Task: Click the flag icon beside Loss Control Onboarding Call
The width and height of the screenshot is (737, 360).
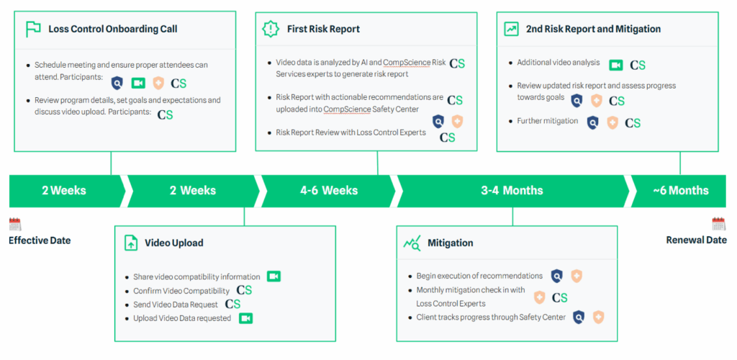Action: pos(33,29)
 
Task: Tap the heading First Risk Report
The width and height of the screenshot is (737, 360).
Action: pos(323,29)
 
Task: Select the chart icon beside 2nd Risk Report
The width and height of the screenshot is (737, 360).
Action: pos(511,29)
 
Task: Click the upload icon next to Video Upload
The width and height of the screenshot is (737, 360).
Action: pos(131,243)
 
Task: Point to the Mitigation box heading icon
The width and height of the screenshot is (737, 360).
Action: pos(412,243)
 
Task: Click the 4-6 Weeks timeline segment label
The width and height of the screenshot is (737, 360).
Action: pos(329,190)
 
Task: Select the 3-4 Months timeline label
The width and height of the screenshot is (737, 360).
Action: pos(512,190)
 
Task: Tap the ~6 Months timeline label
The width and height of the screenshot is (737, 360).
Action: pos(681,190)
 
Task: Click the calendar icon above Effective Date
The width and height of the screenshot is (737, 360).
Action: pos(15,224)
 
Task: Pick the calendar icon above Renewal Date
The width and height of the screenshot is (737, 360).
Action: pos(719,224)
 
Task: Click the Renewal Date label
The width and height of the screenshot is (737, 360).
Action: pos(697,240)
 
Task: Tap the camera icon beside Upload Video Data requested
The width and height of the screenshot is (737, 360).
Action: pos(246,318)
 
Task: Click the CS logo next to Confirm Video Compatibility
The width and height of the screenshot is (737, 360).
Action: pos(244,290)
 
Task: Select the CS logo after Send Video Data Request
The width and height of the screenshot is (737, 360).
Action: pos(232,304)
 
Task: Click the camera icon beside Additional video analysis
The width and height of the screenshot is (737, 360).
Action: pos(616,65)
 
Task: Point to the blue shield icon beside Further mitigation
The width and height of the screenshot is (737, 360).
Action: pos(593,122)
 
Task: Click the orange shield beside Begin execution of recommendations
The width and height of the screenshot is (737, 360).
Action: pos(577,276)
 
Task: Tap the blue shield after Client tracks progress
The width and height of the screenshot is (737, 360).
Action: pos(579,318)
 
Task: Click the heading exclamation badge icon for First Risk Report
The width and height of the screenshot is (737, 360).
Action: pos(271,29)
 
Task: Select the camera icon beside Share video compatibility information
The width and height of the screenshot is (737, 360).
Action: pos(273,276)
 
